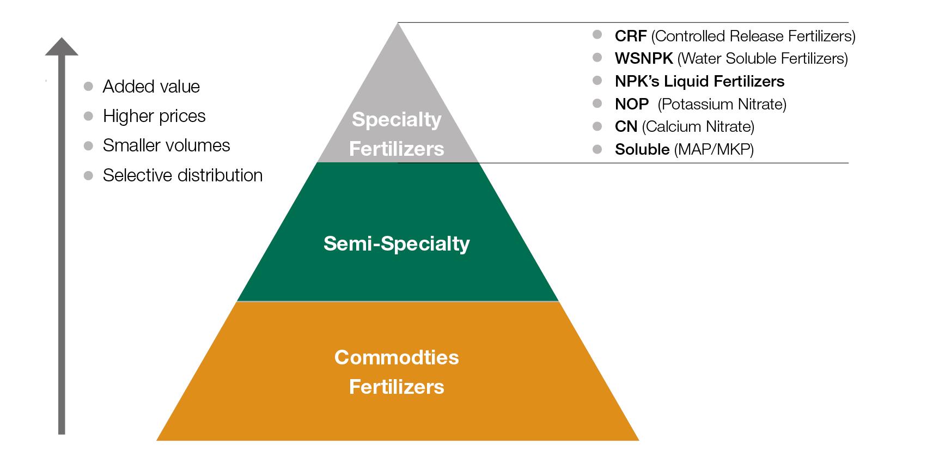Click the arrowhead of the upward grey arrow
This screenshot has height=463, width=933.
coord(62,47)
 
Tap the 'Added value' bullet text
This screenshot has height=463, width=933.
coord(151,87)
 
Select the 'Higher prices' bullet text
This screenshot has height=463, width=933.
coord(154,116)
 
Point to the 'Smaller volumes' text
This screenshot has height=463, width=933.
coord(166,145)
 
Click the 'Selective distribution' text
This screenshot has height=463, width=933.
coord(182,175)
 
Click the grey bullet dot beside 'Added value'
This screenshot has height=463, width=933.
coord(88,86)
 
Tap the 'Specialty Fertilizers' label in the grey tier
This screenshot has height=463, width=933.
coord(397,133)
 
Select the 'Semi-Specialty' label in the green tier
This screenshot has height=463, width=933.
coord(397,243)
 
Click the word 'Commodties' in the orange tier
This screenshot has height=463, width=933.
coord(397,357)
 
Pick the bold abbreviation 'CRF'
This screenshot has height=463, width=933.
coord(630,36)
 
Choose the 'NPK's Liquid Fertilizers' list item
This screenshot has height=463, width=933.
coord(699,81)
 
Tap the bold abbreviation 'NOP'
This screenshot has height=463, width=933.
coord(632,104)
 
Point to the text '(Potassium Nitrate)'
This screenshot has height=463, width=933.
coord(722,104)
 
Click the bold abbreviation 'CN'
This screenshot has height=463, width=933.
coord(626,126)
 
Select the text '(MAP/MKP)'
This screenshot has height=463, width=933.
coord(714,149)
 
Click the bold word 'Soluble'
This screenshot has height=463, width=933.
coord(642,149)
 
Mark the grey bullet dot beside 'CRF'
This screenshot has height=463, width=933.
coord(597,35)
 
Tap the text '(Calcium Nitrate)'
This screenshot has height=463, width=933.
coord(698,126)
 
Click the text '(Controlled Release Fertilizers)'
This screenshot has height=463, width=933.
coord(753,36)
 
